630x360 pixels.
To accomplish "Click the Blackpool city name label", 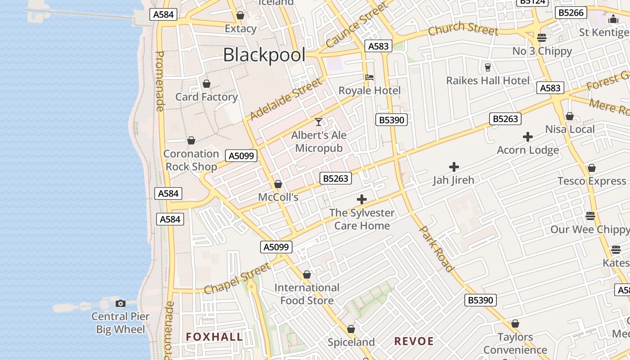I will pos(264,55).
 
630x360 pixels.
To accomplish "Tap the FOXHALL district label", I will pos(214,337).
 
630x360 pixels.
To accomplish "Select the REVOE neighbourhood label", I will pos(414,341).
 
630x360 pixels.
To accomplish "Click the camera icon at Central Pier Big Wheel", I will pos(120,304).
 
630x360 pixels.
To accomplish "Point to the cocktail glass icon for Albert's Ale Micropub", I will pos(319,122).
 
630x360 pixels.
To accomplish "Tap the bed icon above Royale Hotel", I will pos(369,77).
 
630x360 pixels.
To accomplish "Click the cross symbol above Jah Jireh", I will pos(454,167).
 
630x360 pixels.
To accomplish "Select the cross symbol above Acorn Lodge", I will pos(528,137).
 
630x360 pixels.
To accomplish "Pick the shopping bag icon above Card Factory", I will pos(207,84).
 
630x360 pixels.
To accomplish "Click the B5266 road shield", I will pos(571,13).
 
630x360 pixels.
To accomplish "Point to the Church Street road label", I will pos(463,29).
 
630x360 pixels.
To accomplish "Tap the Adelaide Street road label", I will pos(286,99).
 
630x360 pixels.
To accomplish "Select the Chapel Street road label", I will pos(237,279).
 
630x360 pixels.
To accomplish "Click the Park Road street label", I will pos(436,249).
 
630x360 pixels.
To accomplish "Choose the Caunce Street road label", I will pos(356,25).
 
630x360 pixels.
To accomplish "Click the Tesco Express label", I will pos(591,181).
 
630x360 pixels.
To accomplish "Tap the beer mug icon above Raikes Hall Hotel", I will pos(487,67).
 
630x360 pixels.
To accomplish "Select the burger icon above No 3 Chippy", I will pos(542,38).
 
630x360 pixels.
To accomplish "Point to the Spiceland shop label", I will pos(351,342).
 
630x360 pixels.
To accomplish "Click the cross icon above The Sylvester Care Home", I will pos(361,199).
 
